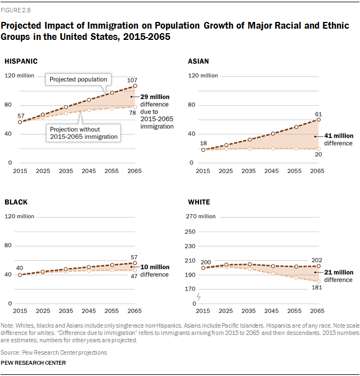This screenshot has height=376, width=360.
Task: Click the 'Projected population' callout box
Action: (78, 79)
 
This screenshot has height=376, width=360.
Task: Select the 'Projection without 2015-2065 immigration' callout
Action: (83, 133)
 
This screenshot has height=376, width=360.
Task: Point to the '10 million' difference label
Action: (155, 267)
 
